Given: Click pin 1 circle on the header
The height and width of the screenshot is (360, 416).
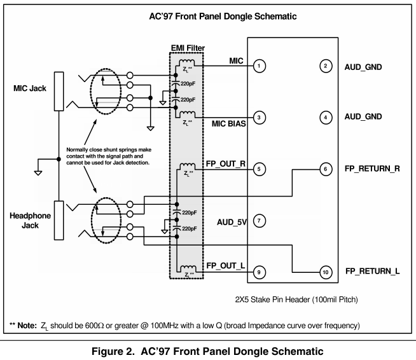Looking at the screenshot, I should (x=259, y=66).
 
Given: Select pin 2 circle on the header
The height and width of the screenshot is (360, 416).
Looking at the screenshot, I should (x=326, y=66).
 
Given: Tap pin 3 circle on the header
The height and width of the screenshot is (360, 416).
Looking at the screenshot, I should (x=259, y=117).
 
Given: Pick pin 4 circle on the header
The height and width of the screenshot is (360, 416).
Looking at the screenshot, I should (x=326, y=117).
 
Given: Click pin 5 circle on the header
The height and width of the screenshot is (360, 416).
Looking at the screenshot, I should (x=259, y=169).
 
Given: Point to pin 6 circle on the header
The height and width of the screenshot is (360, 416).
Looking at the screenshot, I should (x=326, y=169).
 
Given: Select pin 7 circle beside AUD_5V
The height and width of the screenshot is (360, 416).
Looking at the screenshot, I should (x=259, y=221).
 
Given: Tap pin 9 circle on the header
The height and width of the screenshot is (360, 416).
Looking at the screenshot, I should (x=259, y=272).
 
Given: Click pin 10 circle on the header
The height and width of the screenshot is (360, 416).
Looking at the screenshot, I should (x=326, y=272).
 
